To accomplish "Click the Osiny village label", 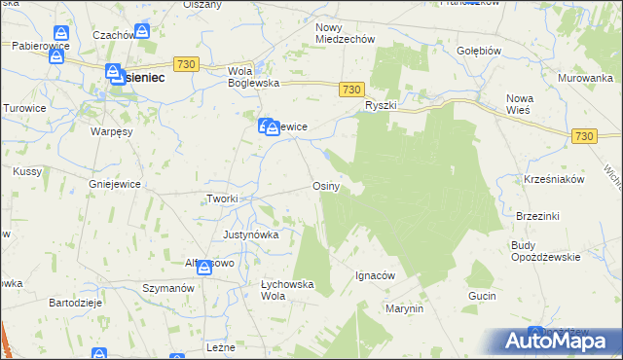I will coord(325,187).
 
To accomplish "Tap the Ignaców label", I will coord(375,275).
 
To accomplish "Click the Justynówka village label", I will coord(251,234).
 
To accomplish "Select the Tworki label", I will coord(222,198).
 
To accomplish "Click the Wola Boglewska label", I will coord(253,77).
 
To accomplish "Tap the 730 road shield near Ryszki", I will coord(354,89).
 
